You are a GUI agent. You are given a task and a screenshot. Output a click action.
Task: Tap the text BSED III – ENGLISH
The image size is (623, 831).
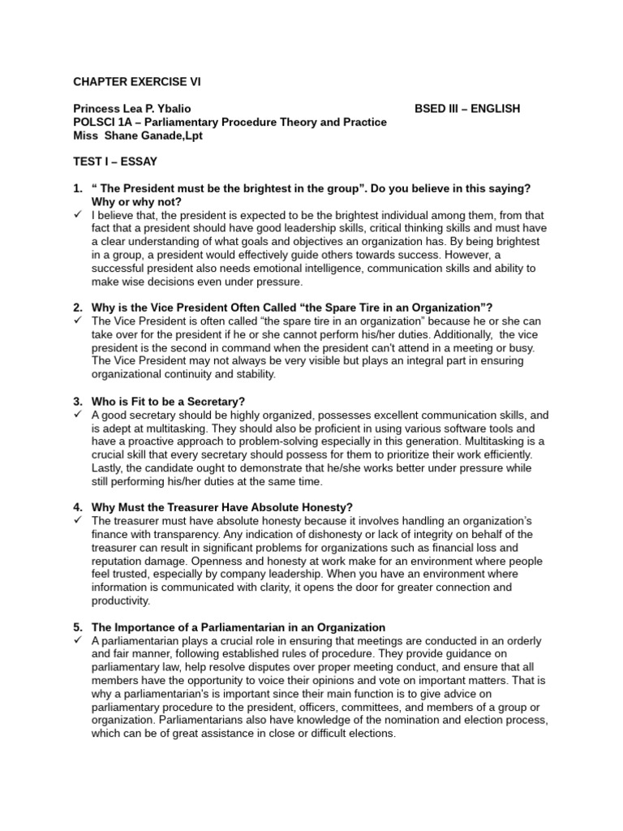pos(467,109)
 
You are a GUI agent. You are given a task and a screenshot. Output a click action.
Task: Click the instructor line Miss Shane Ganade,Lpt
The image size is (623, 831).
pos(137,136)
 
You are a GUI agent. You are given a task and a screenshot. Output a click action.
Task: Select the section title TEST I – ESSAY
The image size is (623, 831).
pos(115,161)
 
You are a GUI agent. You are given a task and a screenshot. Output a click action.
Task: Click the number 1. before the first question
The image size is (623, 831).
pos(78,188)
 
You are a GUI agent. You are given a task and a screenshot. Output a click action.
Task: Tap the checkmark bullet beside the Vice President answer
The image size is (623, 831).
pos(78,321)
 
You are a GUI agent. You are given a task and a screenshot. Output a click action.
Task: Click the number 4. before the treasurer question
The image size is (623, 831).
pos(78,507)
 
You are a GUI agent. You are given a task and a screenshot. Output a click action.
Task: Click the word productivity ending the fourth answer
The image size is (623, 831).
pos(121,600)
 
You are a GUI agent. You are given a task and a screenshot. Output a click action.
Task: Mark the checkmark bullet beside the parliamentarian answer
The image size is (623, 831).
pos(78,639)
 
